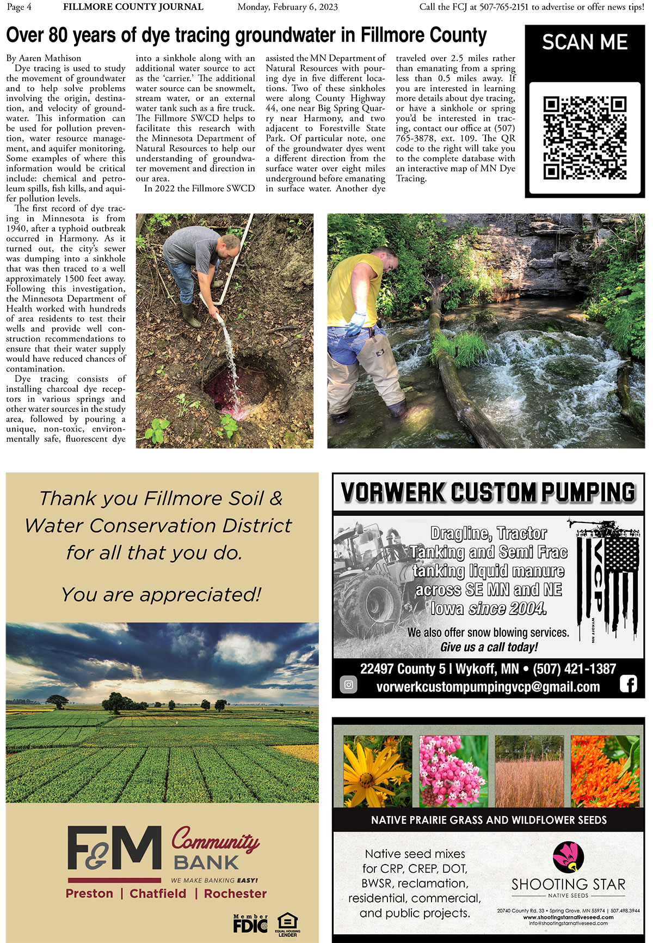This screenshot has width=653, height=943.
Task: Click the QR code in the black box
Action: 585,138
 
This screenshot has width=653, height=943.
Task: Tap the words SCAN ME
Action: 584,42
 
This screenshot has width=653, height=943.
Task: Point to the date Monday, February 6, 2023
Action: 287,7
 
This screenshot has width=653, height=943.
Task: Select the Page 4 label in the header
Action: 19,7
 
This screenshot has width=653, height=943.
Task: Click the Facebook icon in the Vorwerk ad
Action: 628,684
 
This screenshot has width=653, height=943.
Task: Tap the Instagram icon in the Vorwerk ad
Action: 348,685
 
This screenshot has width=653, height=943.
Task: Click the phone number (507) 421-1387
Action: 574,668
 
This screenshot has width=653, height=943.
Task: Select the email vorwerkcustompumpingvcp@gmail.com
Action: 488,687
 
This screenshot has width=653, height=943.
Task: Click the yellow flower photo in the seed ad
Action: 378,771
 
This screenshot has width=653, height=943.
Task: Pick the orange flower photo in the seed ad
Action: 605,771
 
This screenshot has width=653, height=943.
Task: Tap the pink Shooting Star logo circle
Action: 568,857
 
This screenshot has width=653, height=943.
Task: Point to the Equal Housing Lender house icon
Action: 288,921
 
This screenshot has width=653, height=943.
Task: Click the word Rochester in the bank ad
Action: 235,893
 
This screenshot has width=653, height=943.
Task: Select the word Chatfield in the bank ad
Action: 158,893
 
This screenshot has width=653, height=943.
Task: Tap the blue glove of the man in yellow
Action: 356,324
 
